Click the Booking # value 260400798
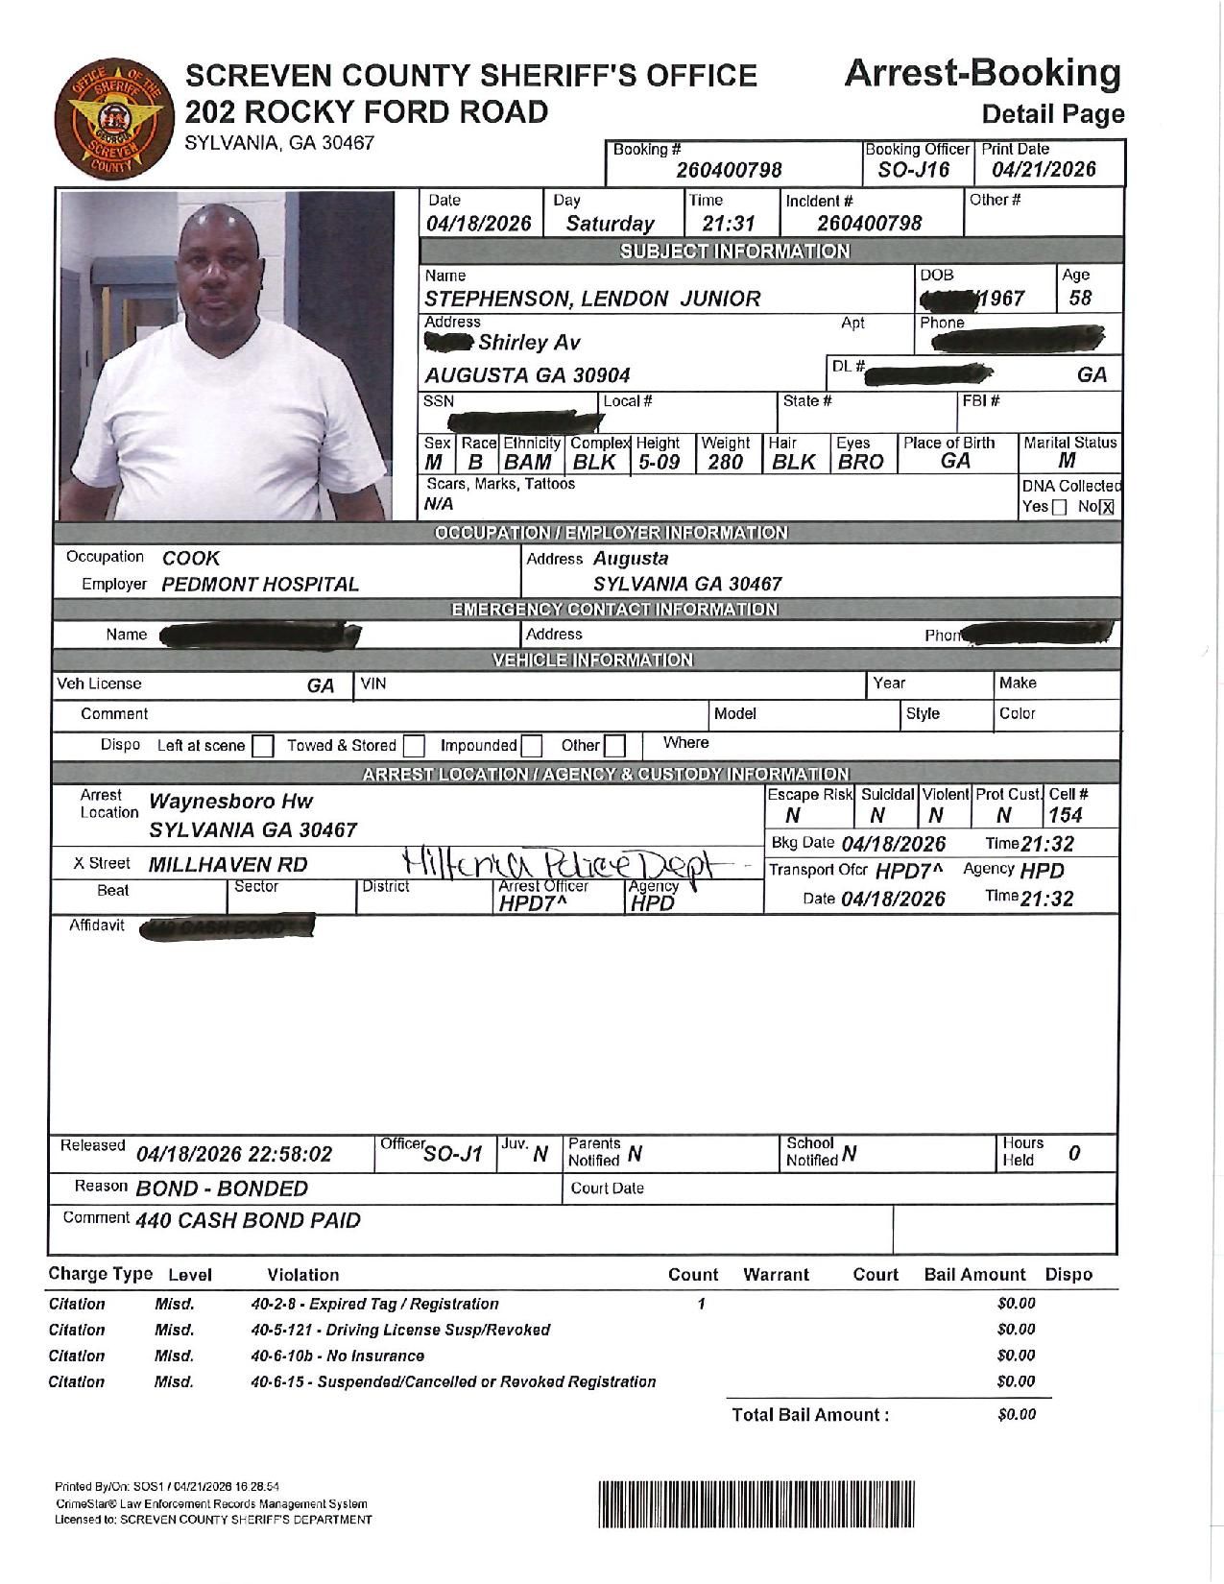[x=729, y=170]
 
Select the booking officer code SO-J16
[x=913, y=170]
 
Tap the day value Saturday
[x=610, y=224]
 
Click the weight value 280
[x=725, y=462]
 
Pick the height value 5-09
[x=659, y=462]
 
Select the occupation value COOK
[x=190, y=558]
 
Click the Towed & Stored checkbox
[x=414, y=746]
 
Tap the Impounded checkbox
[x=531, y=746]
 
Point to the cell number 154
[x=1065, y=815]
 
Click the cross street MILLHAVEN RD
[x=228, y=864]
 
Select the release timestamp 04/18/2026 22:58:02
[x=234, y=1154]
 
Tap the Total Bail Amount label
[x=810, y=1414]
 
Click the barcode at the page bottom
[x=757, y=1503]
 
